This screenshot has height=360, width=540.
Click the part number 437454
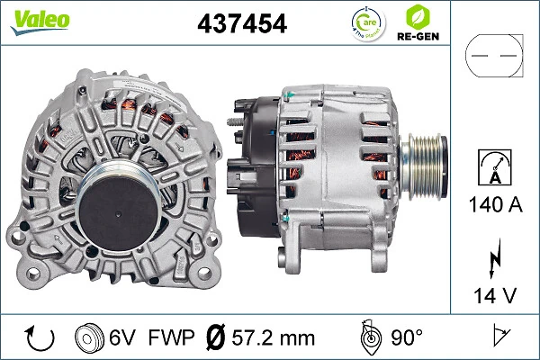[x=241, y=24]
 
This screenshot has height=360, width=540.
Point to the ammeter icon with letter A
[x=495, y=168]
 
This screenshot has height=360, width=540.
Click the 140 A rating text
[x=495, y=204]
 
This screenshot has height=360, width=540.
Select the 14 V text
[x=495, y=293]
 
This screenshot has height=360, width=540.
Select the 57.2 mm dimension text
[x=274, y=337]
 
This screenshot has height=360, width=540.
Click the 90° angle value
[x=405, y=337]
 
